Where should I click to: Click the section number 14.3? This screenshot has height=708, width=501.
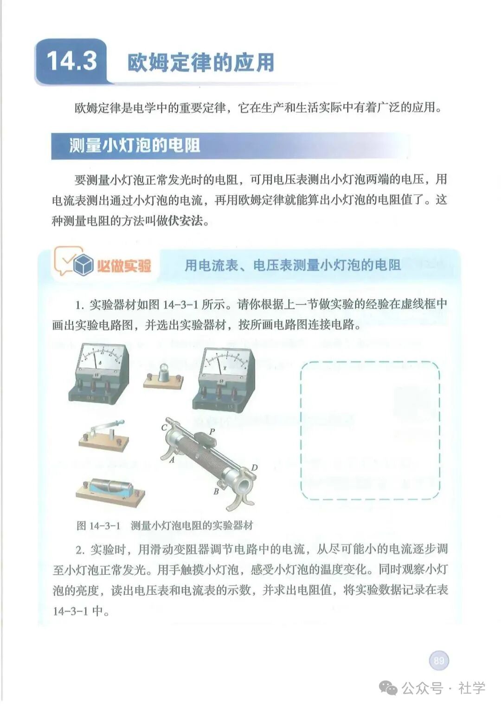(72, 61)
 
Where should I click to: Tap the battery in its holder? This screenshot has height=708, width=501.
(110, 489)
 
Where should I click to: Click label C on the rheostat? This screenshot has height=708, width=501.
(164, 427)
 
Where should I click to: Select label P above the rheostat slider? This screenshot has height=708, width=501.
(212, 431)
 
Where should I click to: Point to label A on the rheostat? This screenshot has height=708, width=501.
(172, 460)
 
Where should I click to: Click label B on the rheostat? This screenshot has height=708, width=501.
(216, 491)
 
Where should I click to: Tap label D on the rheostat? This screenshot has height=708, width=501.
(254, 467)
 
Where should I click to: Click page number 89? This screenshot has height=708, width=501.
(439, 660)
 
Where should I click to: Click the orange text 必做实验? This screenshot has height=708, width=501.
(124, 266)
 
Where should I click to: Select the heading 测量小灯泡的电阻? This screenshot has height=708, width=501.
(135, 146)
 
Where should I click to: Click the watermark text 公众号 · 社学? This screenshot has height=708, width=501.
(443, 688)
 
